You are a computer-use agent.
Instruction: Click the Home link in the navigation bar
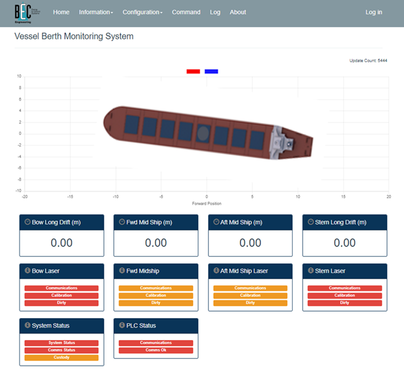tap(61, 12)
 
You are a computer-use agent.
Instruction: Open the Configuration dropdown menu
tap(142, 12)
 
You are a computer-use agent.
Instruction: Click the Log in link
tap(374, 12)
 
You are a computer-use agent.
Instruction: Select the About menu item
tap(238, 12)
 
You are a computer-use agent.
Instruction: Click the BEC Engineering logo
tap(23, 13)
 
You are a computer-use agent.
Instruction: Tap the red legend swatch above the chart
tap(193, 71)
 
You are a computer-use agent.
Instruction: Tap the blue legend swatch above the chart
tap(211, 71)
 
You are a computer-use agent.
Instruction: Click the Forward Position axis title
tap(206, 203)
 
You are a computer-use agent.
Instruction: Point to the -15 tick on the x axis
tap(70, 196)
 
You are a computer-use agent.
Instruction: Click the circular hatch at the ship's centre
tap(203, 132)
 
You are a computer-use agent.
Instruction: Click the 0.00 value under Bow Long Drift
tap(62, 242)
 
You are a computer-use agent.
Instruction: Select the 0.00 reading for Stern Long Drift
tap(345, 242)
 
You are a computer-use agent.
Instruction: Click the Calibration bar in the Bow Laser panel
tap(62, 295)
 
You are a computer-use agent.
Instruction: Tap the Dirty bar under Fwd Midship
tap(156, 303)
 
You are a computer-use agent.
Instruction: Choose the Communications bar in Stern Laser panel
tap(345, 288)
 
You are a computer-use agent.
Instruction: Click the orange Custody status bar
tap(62, 358)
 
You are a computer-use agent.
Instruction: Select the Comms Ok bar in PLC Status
tap(156, 350)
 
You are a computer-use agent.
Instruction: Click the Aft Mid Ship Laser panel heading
tap(244, 271)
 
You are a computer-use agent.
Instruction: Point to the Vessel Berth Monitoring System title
tap(74, 37)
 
